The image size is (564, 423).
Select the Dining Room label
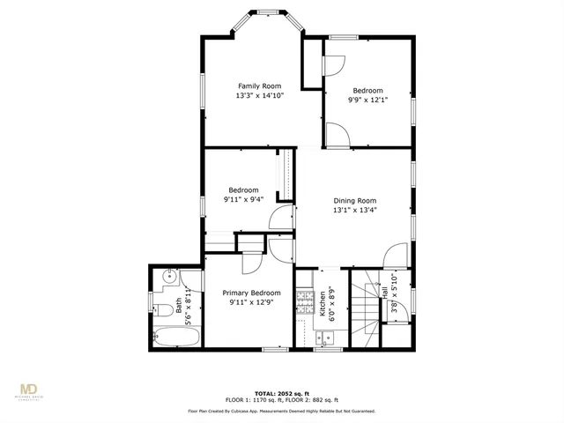(x=353, y=201)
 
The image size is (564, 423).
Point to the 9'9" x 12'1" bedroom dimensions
(x=367, y=100)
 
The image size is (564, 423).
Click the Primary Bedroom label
(x=251, y=293)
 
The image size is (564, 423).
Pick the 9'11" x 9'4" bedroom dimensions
(x=243, y=199)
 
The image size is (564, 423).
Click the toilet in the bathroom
(x=161, y=308)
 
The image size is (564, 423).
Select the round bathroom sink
(x=168, y=279)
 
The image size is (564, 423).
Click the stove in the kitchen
(x=305, y=301)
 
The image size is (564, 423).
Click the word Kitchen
(x=323, y=301)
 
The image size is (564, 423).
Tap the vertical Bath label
(x=178, y=305)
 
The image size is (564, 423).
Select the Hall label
(x=385, y=289)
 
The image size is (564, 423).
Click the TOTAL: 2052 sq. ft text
(x=281, y=393)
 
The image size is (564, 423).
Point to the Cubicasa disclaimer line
(x=281, y=411)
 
